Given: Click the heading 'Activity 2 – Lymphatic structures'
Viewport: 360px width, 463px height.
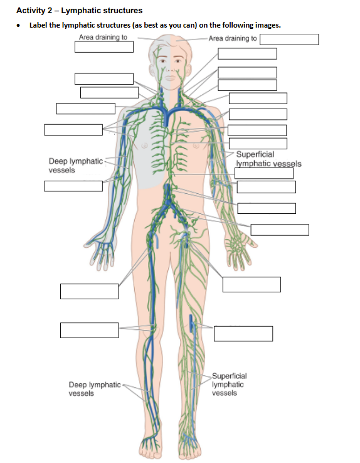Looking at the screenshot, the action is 80,11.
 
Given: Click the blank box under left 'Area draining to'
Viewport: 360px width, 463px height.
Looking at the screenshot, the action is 104,46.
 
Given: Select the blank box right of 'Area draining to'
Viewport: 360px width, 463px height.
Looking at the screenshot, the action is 289,40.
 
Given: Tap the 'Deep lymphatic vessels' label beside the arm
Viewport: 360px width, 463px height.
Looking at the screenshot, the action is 76,166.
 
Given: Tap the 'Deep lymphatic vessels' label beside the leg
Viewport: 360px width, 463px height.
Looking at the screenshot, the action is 95,389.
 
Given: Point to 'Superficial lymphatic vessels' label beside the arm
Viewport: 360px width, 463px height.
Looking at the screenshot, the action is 269,159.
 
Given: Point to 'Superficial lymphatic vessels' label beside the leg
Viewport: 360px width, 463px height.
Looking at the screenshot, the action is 230,384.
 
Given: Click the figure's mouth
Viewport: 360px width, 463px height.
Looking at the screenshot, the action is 170,78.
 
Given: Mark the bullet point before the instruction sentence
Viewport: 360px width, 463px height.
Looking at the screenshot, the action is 19,26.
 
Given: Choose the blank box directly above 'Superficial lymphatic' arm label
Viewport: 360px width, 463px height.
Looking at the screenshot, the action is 258,144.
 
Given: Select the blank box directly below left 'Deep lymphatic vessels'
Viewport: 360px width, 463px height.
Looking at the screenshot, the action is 73,186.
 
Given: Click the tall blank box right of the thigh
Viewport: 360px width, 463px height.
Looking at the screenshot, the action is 251,284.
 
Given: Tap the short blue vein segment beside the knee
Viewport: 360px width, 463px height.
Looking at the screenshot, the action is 191,322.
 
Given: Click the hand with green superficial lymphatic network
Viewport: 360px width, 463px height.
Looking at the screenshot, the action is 240,250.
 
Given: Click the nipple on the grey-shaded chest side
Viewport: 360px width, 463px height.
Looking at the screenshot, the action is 145,146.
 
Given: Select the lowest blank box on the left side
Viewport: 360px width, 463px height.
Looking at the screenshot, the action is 90,330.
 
